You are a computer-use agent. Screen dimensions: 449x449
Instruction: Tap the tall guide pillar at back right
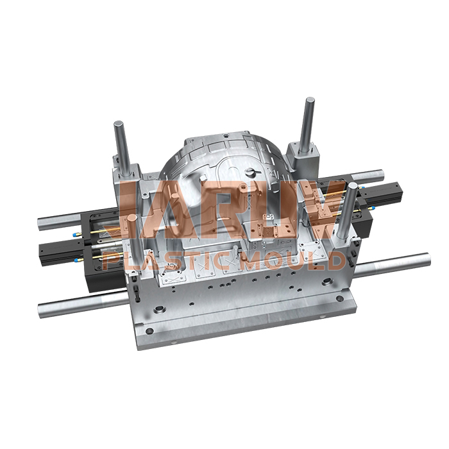(309, 122)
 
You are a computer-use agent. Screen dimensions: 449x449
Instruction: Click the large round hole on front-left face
(158, 311)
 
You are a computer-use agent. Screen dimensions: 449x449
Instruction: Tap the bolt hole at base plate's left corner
(149, 331)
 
